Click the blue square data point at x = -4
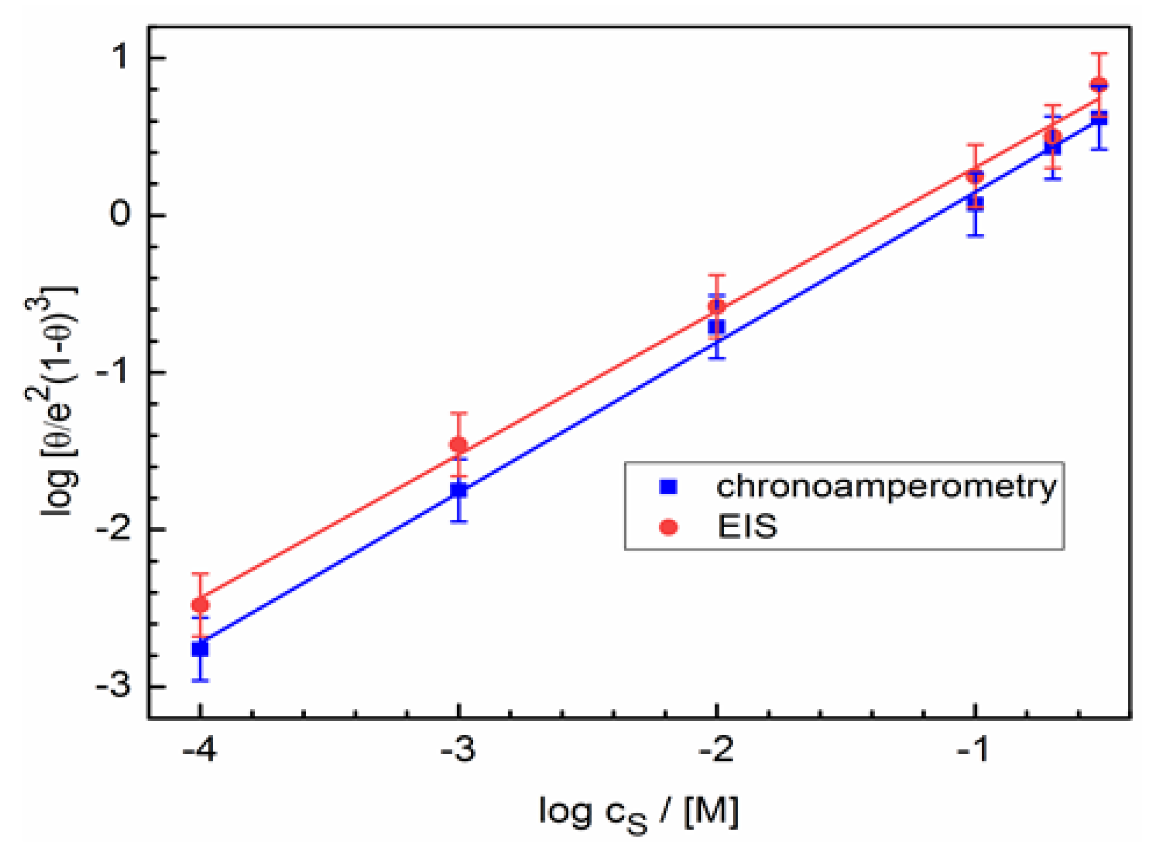[x=200, y=649]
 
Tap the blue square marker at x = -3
[x=458, y=490]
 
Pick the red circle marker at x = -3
[x=458, y=445]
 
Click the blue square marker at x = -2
[x=717, y=327]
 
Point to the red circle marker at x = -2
[x=717, y=305]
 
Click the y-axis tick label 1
[x=121, y=56]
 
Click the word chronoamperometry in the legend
[x=886, y=486]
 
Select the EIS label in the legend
[x=748, y=527]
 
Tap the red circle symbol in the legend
[x=669, y=528]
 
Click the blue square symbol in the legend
[x=669, y=487]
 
